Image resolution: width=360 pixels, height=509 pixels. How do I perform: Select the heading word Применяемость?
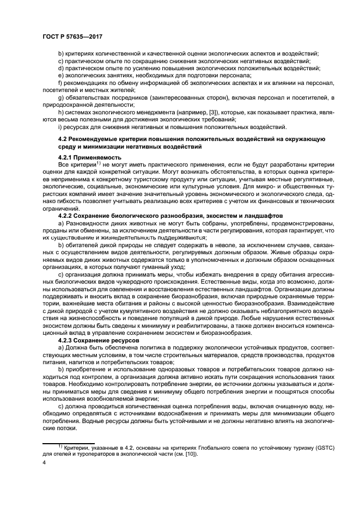point(94,155)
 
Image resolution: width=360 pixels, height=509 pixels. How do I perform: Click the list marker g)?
point(60,97)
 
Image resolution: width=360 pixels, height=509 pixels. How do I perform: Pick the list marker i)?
point(60,127)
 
